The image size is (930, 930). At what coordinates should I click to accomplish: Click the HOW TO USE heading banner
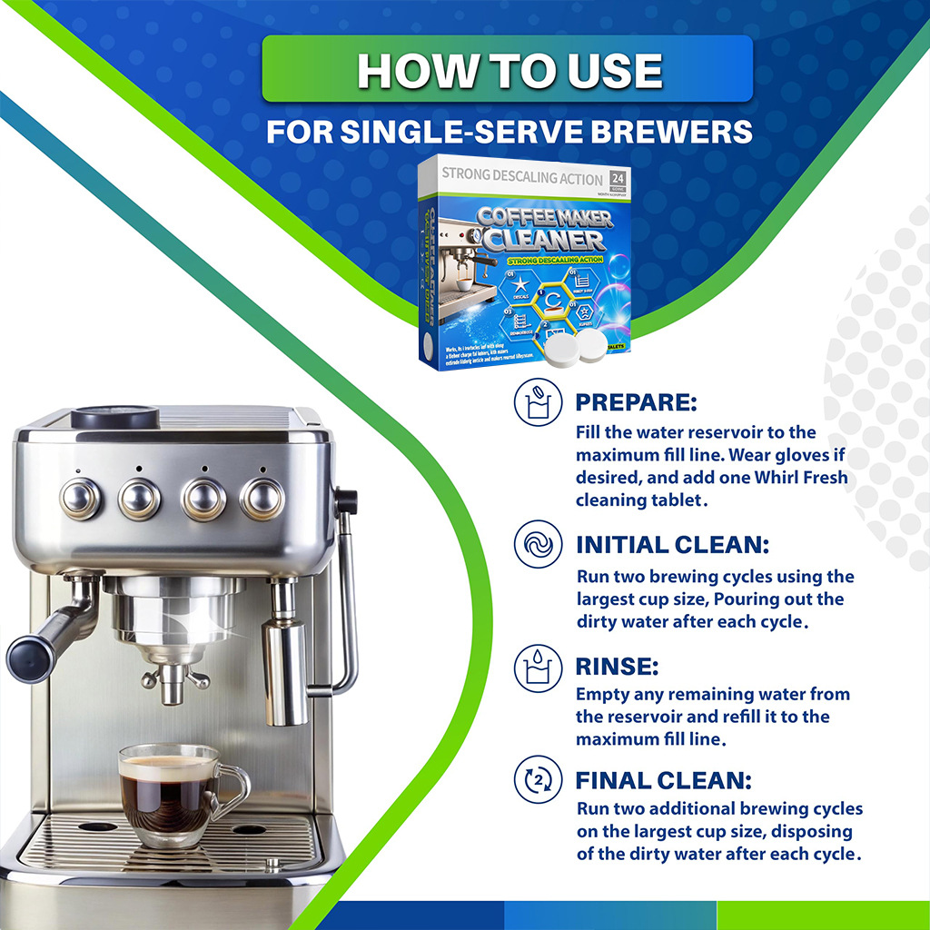click(x=507, y=70)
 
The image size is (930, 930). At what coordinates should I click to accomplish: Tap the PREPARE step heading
click(x=636, y=402)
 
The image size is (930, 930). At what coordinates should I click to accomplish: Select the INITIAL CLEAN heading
click(x=672, y=545)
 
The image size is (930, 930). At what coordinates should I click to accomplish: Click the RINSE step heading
click(x=617, y=667)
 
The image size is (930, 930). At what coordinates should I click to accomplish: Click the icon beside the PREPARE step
click(x=535, y=403)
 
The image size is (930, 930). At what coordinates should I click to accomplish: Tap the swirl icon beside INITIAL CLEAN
click(x=535, y=546)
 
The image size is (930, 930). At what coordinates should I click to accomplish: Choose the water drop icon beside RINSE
click(x=535, y=668)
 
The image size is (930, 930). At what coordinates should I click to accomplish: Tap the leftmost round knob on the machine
click(x=80, y=498)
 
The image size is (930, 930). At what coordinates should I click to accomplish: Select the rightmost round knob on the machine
click(x=262, y=498)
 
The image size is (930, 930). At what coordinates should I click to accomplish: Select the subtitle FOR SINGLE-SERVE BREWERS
click(x=509, y=133)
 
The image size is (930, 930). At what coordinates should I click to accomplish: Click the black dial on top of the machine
click(x=114, y=417)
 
